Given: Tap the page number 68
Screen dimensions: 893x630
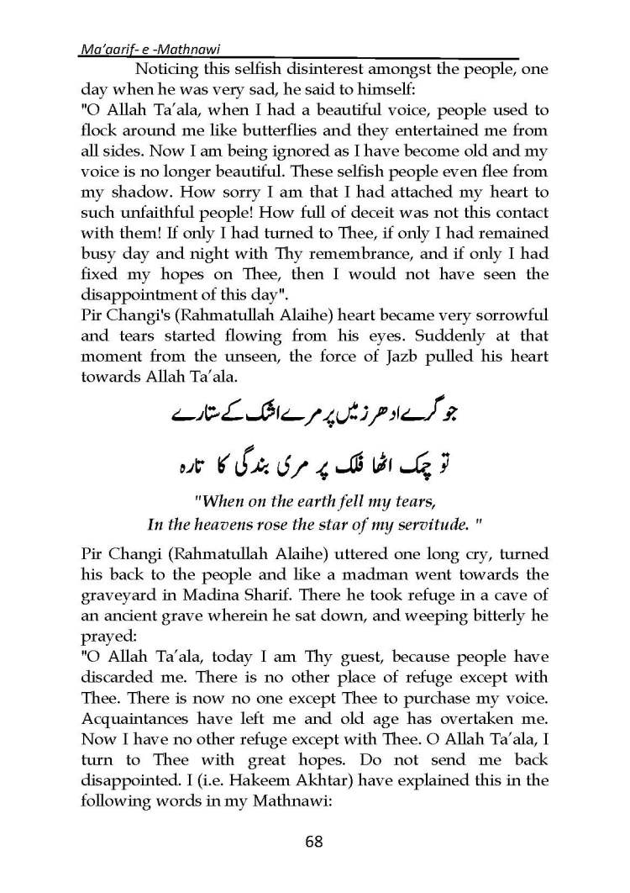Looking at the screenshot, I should pos(314,842).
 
